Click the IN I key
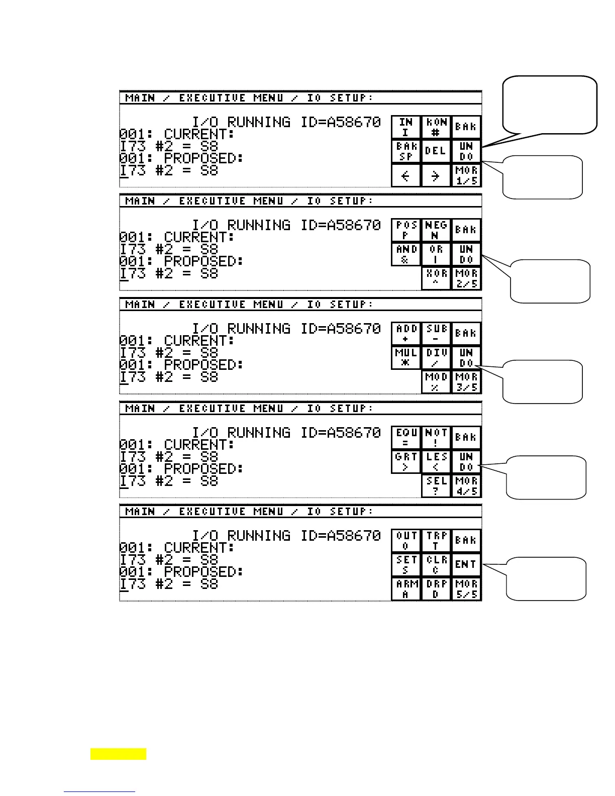(x=406, y=127)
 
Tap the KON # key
(x=436, y=127)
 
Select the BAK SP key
(x=406, y=151)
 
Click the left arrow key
(x=406, y=175)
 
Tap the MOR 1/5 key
(x=466, y=175)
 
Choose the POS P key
(x=406, y=230)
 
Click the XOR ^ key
(x=436, y=278)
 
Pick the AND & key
(x=406, y=254)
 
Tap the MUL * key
(x=406, y=358)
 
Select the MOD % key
(x=436, y=382)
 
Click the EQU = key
(x=406, y=438)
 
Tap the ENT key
(x=466, y=564)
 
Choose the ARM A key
(x=406, y=588)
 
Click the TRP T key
(x=436, y=541)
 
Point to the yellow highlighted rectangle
(x=119, y=754)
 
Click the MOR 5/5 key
(x=466, y=588)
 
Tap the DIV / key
(x=436, y=358)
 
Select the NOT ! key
(x=436, y=438)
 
